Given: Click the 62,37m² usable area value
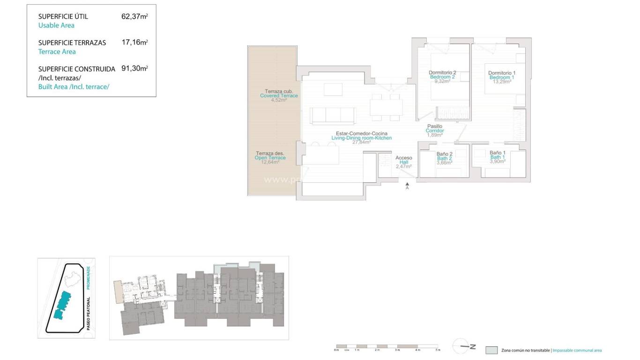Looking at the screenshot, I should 134,16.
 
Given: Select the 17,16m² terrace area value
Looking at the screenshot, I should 134,43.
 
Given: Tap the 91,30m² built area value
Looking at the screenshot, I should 134,68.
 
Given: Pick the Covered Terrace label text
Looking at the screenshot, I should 279,96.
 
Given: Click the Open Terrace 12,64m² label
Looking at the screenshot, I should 270,158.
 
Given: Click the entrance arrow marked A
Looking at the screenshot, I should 407,185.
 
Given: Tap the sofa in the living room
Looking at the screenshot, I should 333,116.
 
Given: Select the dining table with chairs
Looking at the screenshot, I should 386,107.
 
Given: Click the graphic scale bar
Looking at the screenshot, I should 387,346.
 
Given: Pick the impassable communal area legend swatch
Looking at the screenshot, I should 491,350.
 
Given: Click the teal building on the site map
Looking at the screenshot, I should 63,304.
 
